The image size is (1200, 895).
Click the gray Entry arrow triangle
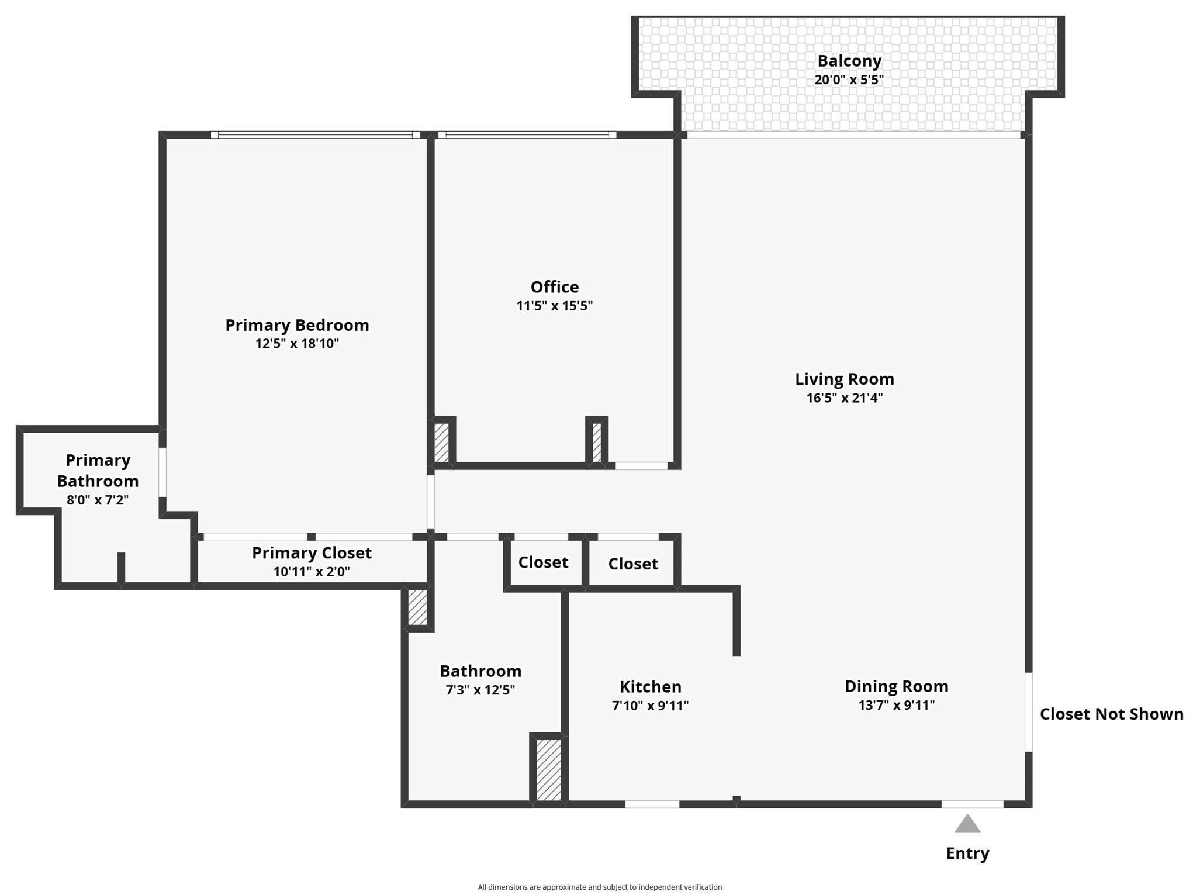click(967, 824)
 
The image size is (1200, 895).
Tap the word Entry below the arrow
click(967, 853)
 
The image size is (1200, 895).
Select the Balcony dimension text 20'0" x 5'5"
click(849, 80)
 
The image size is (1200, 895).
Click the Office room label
click(554, 286)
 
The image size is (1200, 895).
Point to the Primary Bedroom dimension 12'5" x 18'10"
click(297, 343)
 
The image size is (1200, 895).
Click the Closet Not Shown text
click(1111, 714)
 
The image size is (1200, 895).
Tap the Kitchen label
click(650, 686)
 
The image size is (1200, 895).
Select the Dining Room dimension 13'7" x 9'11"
click(896, 705)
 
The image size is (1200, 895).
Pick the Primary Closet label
click(312, 552)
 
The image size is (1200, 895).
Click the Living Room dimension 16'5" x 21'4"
click(844, 398)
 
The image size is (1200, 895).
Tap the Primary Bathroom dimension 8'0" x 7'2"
click(98, 500)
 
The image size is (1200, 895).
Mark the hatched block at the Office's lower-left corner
click(441, 443)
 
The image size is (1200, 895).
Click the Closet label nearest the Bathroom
click(543, 562)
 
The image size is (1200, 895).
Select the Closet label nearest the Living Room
click(632, 564)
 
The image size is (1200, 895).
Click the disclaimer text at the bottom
click(600, 887)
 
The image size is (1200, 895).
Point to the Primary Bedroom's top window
click(315, 134)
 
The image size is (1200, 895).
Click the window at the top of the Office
click(527, 134)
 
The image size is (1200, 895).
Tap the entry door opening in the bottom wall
click(972, 804)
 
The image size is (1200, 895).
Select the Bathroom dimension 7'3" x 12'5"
click(480, 690)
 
